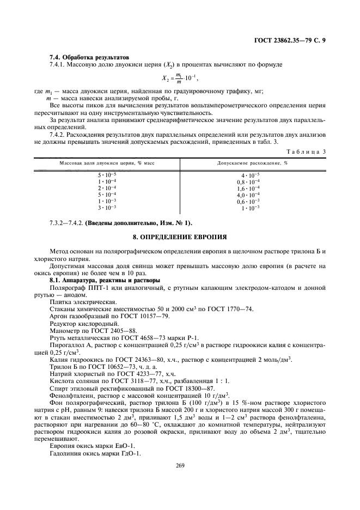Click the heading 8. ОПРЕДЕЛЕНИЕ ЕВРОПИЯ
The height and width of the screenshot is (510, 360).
click(180, 238)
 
